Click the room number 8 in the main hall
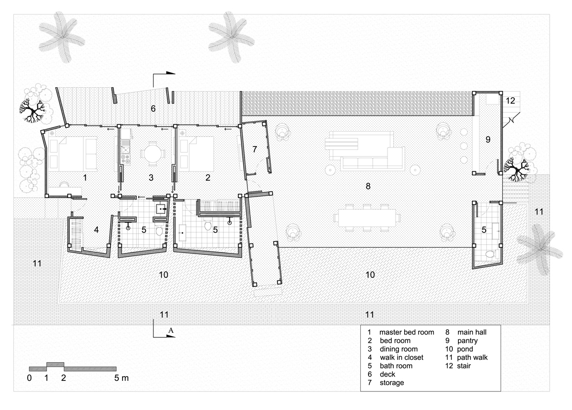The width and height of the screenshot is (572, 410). coord(368,186)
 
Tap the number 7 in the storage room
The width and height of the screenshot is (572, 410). coord(255,149)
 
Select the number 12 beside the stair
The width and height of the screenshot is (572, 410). coord(510,101)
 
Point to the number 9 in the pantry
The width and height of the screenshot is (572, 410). coord(488,140)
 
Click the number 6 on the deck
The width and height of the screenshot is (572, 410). coord(153,109)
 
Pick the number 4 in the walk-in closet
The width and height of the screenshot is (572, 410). coord(96,230)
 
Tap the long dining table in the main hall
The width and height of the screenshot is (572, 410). coord(367,218)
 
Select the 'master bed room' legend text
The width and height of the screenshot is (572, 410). coord(407,332)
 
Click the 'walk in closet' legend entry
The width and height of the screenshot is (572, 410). coord(401,357)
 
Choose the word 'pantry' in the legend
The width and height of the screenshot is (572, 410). coord(467,341)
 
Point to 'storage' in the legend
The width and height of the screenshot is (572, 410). coord(392,383)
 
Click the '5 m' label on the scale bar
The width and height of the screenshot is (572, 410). coord(121,378)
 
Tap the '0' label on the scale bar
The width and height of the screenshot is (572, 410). coord(30,378)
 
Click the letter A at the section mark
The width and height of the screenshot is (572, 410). coord(171,330)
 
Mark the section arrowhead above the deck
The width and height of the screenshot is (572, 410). coord(171,73)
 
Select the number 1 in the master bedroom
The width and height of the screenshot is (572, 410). coord(85,178)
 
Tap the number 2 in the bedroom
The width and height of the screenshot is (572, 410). coord(208,178)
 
